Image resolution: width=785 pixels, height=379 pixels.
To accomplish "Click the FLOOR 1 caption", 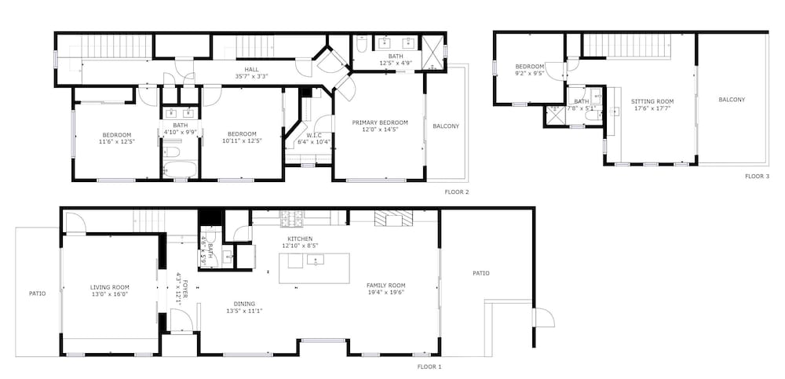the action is click(429, 366).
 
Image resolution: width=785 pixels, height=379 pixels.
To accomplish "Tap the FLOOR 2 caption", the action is click(457, 191).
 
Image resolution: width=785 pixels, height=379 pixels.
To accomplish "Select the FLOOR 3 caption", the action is click(757, 177).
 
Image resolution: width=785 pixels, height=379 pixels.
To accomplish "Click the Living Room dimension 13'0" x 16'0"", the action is click(109, 295).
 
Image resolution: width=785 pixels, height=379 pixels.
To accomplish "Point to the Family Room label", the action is click(385, 284).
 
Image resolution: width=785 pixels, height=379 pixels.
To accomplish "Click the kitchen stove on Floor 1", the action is click(291, 217).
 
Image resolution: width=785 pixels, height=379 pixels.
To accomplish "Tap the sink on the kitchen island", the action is click(316, 260).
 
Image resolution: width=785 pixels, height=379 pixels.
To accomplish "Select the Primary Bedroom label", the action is click(379, 122).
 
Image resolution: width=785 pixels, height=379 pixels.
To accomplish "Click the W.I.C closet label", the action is click(314, 135).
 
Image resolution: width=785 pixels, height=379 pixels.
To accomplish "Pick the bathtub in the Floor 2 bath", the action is click(181, 169).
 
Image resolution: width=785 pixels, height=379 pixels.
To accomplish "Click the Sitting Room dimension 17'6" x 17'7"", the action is click(652, 108).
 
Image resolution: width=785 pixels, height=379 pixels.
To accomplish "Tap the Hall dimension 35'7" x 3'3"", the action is click(251, 77).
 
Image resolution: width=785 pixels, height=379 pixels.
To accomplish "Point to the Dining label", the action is click(244, 304).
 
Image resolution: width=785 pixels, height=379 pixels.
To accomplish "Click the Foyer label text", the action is click(184, 289).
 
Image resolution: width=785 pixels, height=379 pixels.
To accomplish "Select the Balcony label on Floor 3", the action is click(732, 100).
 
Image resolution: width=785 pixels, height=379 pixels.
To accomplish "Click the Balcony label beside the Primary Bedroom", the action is click(446, 126).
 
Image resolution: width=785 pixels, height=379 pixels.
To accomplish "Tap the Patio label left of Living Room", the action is click(38, 294).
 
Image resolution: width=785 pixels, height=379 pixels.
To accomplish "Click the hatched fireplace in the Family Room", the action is click(393, 218).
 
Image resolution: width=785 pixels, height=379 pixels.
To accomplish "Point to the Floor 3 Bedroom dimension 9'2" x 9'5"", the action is click(530, 73).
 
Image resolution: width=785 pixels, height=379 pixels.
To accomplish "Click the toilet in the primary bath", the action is click(362, 45).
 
